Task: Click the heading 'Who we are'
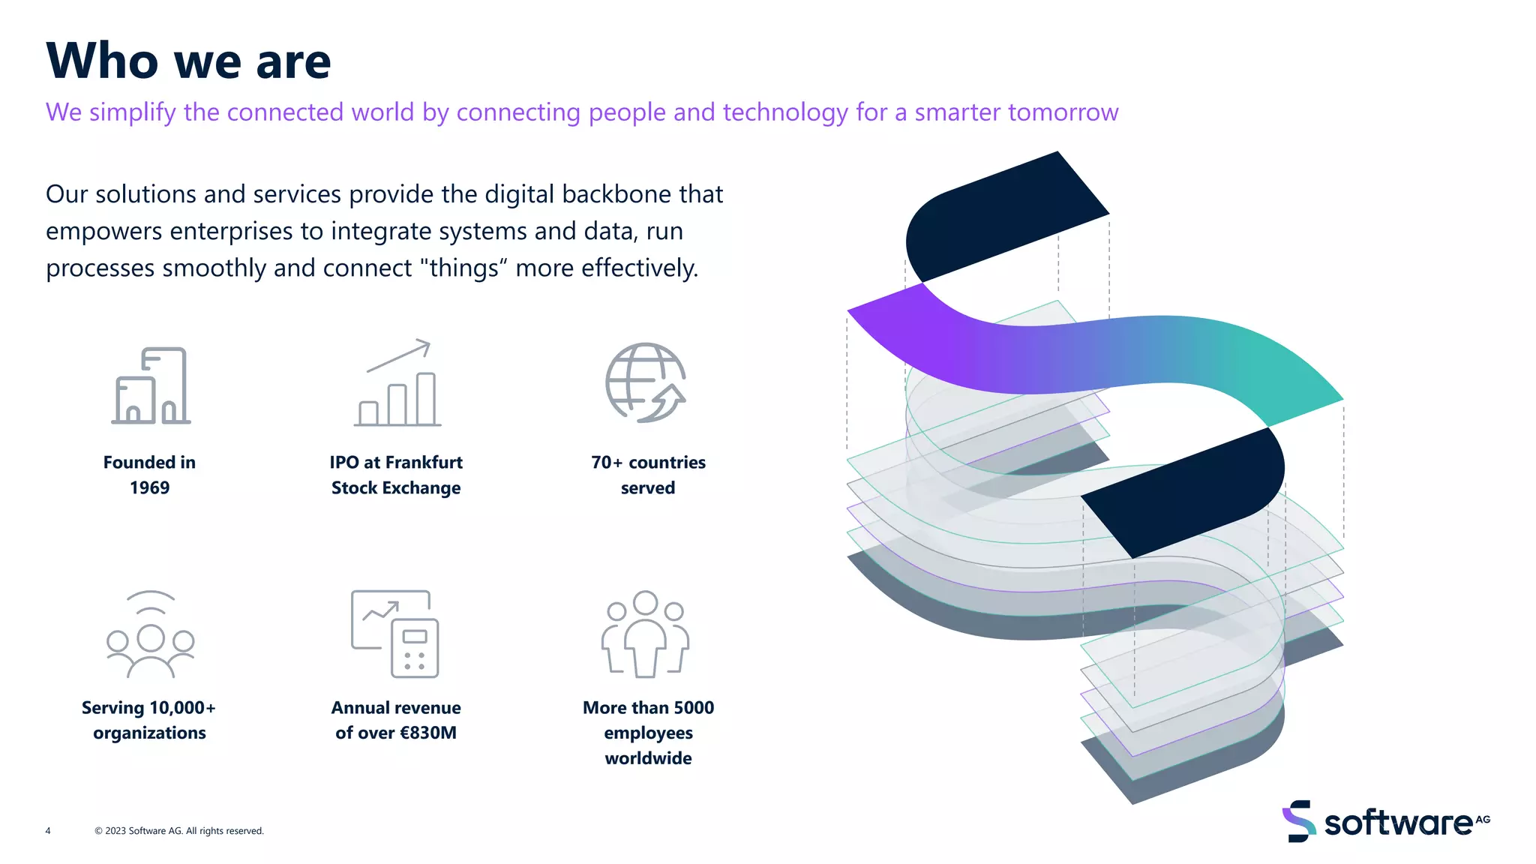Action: (188, 61)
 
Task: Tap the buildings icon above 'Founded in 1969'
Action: (151, 385)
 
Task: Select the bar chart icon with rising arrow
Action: (397, 384)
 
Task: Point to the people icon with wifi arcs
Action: (150, 634)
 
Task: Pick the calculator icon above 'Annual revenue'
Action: (395, 634)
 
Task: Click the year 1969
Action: (149, 488)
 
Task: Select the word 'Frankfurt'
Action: (424, 463)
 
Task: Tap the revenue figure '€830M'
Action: (428, 733)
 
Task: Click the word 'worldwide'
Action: (648, 758)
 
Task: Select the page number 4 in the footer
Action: (48, 831)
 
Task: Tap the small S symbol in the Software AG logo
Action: (1299, 821)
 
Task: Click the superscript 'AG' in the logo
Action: (1483, 819)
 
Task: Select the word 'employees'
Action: (648, 733)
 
